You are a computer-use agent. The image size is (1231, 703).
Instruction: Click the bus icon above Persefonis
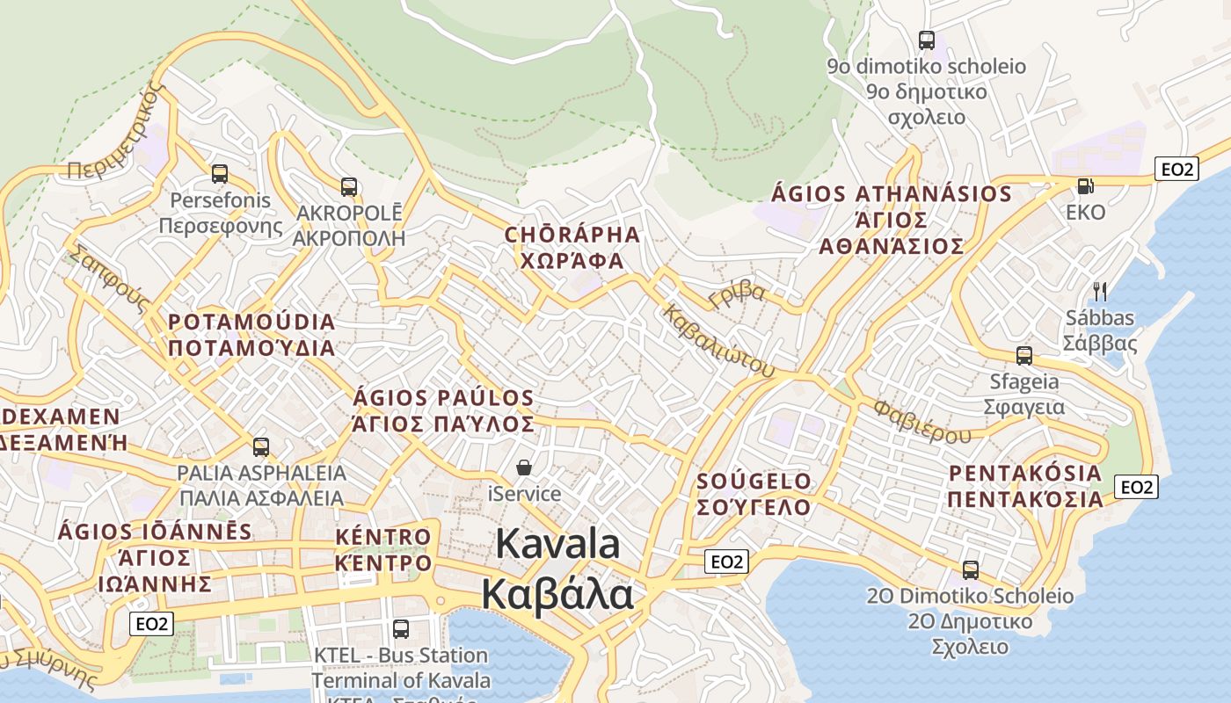pyautogui.click(x=220, y=174)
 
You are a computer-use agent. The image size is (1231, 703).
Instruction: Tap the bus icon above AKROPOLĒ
pyautogui.click(x=349, y=186)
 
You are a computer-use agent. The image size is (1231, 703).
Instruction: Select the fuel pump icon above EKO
pyautogui.click(x=1086, y=185)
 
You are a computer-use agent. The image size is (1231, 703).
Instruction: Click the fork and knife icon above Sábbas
pyautogui.click(x=1099, y=291)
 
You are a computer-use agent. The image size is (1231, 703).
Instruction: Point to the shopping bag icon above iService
pyautogui.click(x=524, y=467)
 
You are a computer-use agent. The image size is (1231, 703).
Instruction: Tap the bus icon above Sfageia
pyautogui.click(x=1024, y=356)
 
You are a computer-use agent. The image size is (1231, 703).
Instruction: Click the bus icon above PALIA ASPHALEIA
pyautogui.click(x=261, y=446)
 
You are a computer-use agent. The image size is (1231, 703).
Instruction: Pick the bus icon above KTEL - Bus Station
pyautogui.click(x=401, y=628)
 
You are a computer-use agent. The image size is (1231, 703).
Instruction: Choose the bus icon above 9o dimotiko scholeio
pyautogui.click(x=927, y=40)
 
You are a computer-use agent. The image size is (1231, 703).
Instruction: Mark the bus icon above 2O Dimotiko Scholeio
pyautogui.click(x=971, y=569)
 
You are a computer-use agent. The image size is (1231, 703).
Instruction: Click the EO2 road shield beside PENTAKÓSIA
pyautogui.click(x=1136, y=486)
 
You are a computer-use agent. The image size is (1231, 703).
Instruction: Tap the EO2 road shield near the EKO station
pyautogui.click(x=1176, y=169)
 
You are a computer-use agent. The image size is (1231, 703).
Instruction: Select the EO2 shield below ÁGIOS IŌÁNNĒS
pyautogui.click(x=151, y=624)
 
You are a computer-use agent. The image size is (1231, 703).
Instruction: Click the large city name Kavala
pyautogui.click(x=557, y=545)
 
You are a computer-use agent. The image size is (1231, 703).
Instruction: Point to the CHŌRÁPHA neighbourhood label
pyautogui.click(x=572, y=235)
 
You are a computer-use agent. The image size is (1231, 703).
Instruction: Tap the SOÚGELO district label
pyautogui.click(x=754, y=482)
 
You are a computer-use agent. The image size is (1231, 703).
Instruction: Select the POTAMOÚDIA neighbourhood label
pyautogui.click(x=251, y=322)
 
